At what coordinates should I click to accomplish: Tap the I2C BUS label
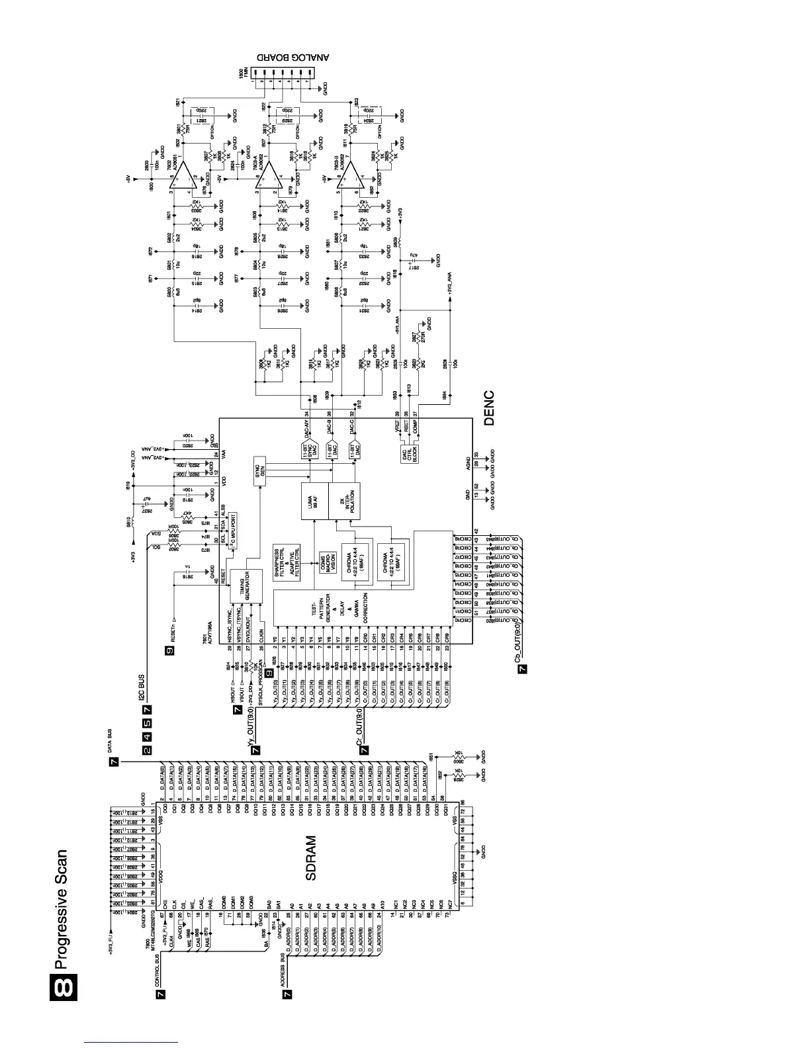pos(141,689)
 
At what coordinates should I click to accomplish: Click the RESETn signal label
pos(173,633)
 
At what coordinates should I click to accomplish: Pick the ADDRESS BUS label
pos(283,969)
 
